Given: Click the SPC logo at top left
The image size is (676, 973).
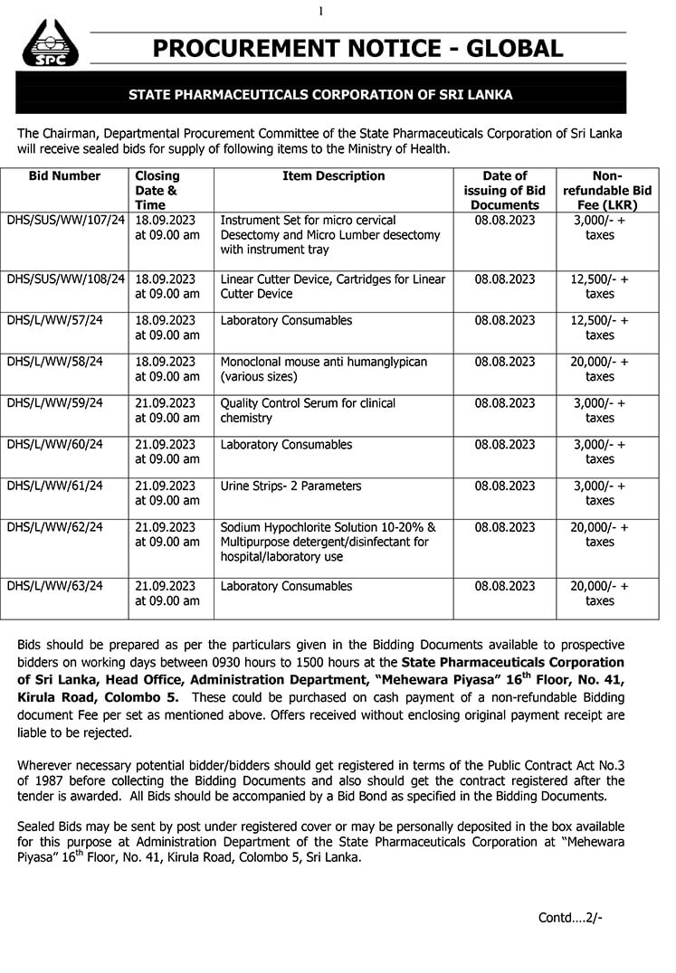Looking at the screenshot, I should (x=51, y=45).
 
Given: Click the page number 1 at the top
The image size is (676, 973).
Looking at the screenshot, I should (x=320, y=11).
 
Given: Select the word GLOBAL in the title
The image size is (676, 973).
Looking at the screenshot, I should (x=509, y=48).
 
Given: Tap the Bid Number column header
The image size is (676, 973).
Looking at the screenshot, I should (x=64, y=176).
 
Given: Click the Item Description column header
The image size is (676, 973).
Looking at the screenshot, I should (x=334, y=176).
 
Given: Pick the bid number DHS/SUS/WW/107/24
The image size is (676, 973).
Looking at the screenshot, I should (x=65, y=221).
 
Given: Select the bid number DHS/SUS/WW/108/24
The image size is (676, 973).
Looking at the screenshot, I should (x=65, y=279).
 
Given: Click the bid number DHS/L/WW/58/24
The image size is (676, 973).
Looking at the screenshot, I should (x=54, y=362).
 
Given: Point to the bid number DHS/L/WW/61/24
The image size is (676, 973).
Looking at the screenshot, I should (x=54, y=486).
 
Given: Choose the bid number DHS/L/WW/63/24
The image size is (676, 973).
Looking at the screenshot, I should (x=54, y=587).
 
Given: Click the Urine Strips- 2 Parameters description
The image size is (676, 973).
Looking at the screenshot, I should (x=290, y=486).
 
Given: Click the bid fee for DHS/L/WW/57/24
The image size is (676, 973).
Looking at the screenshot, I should (x=599, y=328).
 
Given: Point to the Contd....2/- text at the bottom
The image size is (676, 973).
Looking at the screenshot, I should (x=569, y=917).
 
